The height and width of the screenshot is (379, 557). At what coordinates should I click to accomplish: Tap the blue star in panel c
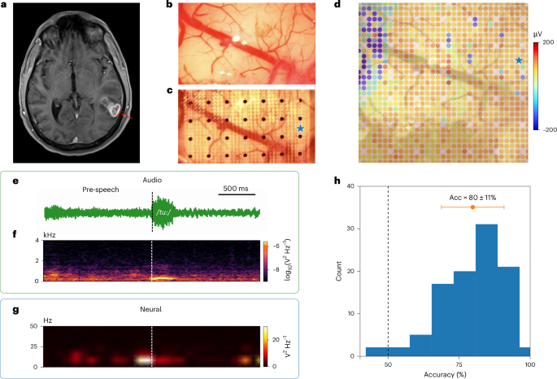click(301, 129)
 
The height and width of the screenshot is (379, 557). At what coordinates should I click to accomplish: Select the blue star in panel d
click(517, 61)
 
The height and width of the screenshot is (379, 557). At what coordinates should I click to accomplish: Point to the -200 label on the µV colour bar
click(546, 129)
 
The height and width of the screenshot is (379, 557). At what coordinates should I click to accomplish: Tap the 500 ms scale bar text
click(237, 189)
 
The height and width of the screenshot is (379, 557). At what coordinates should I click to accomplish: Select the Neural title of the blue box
click(150, 309)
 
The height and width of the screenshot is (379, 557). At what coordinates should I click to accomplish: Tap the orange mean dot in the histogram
click(472, 207)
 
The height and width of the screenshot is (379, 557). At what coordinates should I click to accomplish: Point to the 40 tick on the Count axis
click(350, 186)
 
